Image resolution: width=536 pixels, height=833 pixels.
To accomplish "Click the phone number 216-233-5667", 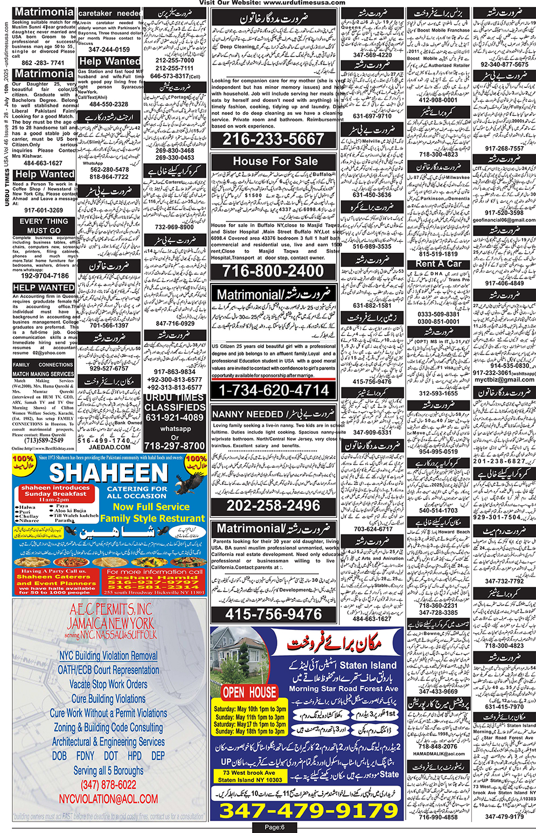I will coord(273,140).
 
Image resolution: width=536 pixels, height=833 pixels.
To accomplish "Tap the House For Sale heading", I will coord(275,161).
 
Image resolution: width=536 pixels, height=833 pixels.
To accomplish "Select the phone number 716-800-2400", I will coord(273,271).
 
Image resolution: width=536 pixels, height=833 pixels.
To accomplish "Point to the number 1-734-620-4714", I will coord(274,390).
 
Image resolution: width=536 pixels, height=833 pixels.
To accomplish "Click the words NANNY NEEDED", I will coord(248,414).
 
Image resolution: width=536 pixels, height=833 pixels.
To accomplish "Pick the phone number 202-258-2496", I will coord(273,505).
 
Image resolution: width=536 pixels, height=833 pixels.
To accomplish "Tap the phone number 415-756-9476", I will coord(273,614).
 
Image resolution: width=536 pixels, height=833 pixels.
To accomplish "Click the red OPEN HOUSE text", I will coord(249,692).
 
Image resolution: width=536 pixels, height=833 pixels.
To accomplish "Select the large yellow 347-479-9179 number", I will coord(308,810).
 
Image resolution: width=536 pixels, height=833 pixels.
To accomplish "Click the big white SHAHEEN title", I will coord(109,473).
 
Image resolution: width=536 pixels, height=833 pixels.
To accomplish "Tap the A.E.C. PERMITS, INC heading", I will coord(111,610).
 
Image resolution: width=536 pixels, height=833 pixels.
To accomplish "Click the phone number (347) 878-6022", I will coord(108,785).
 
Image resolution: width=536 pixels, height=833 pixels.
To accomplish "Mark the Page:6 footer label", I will coord(274,827).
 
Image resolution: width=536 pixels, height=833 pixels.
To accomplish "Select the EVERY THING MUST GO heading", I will coord(44,226).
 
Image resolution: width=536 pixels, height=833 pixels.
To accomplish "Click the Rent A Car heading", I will coord(438,264).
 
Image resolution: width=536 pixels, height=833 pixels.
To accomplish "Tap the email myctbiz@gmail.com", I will coord(504,379).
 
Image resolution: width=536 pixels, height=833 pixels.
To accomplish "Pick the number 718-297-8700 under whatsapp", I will coord(175,446).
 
